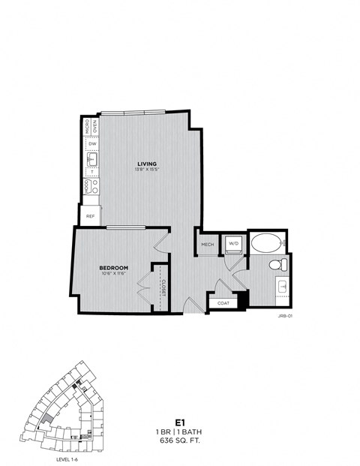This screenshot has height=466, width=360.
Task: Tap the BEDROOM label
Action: click(114, 267)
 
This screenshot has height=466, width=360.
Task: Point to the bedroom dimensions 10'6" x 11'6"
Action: click(114, 274)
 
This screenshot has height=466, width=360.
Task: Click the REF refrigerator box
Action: click(90, 215)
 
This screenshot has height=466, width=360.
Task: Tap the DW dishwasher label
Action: click(90, 143)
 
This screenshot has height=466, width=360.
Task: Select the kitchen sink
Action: click(90, 160)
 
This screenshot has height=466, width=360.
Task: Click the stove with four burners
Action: click(89, 185)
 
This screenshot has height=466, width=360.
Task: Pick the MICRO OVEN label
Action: click(89, 125)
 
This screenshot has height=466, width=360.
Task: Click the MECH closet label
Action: click(208, 243)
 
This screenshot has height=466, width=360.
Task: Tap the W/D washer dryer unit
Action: click(233, 244)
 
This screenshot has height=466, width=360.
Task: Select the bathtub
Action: click(266, 243)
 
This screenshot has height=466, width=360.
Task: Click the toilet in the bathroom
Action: click(277, 264)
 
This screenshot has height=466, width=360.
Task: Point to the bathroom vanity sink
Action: click(283, 287)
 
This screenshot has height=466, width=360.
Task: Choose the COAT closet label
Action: click(223, 302)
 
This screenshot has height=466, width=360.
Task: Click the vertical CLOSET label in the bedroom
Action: click(163, 289)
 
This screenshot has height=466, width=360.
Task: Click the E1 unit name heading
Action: click(179, 422)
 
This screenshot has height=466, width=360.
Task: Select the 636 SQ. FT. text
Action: click(179, 442)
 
